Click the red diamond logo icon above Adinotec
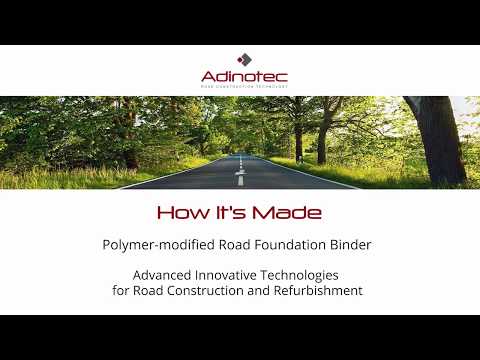(240, 60)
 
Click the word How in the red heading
(180, 213)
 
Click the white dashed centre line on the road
(239, 177)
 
